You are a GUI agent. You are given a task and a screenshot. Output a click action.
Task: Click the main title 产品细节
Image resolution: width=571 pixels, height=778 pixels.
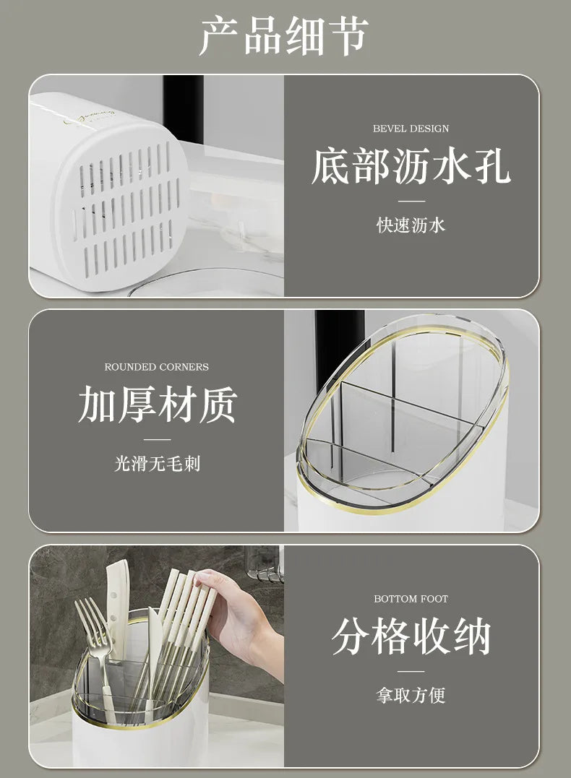coord(284,35)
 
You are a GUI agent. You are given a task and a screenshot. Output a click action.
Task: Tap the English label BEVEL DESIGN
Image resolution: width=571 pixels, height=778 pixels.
coord(411,129)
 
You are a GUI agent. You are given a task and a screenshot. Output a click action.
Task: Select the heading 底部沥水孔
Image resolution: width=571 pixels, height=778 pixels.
coord(411,166)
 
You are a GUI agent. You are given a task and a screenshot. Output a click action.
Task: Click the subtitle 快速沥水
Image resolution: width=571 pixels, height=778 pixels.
coord(411,225)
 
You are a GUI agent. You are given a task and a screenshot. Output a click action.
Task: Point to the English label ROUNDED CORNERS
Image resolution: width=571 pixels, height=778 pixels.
coord(156,367)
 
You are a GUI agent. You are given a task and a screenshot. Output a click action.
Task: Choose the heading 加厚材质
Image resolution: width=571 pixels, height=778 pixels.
coord(157,405)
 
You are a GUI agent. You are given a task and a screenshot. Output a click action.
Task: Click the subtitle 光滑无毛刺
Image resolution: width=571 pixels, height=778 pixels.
coord(157,463)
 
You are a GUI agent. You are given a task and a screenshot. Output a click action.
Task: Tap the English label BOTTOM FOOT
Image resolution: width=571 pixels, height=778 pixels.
coord(411,599)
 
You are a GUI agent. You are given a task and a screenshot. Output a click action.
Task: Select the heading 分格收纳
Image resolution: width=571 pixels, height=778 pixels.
coord(411,637)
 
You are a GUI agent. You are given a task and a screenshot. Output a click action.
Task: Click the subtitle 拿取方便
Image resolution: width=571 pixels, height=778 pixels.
coord(411,696)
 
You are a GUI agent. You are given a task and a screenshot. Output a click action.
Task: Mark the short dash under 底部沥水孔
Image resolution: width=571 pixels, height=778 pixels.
coord(411,202)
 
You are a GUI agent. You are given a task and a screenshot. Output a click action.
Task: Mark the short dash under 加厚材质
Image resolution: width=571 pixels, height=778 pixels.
coord(157,439)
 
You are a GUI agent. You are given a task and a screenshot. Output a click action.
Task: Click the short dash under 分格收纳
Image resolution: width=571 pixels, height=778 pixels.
coord(411,672)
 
